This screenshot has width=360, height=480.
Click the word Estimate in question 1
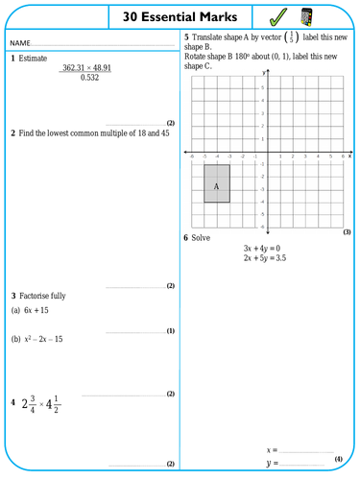[34, 59]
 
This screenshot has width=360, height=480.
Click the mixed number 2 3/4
[35, 404]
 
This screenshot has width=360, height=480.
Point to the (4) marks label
[338, 459]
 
